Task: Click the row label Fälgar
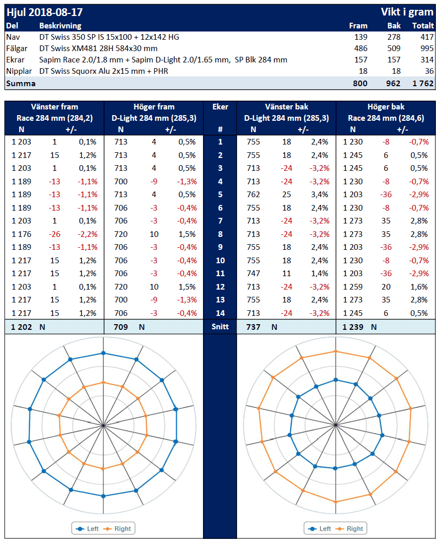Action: (17, 48)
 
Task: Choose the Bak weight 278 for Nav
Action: (393, 37)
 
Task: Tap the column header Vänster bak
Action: (286, 107)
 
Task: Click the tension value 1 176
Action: (21, 234)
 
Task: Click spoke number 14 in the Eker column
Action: (220, 313)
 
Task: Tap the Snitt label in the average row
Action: (220, 327)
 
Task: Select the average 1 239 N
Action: (359, 327)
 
